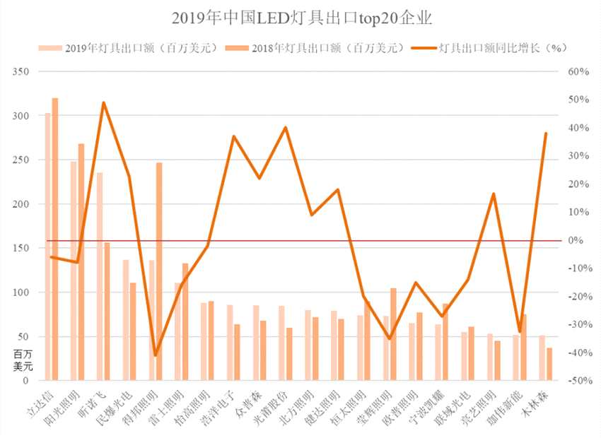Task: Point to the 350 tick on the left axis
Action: click(22, 72)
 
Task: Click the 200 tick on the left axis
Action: click(22, 204)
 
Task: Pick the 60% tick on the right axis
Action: click(579, 72)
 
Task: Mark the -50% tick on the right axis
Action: click(578, 381)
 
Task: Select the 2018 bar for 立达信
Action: click(55, 240)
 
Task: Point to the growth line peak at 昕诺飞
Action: click(104, 103)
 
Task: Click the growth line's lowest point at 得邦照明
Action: click(156, 355)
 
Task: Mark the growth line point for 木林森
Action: click(546, 134)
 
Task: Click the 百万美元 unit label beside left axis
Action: click(23, 360)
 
